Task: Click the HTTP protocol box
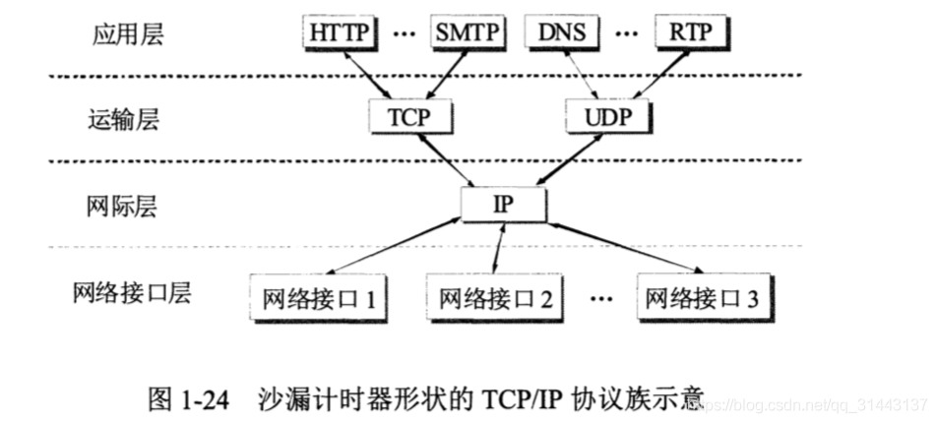[339, 32]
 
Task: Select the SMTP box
[468, 32]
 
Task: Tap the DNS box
[564, 32]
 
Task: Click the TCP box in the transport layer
[412, 118]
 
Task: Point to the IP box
[502, 204]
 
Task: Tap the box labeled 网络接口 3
[699, 295]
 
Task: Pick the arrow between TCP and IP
[454, 158]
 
